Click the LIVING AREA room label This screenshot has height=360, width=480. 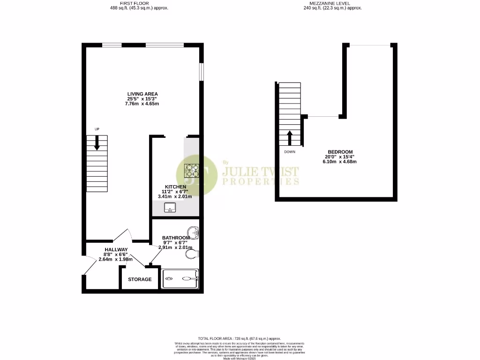tap(142, 94)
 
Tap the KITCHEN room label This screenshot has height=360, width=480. tap(175, 187)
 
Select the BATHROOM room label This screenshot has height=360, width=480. tap(176, 238)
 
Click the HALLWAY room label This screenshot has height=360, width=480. tap(116, 249)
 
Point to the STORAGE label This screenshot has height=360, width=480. tap(140, 279)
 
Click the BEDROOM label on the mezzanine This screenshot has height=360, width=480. tap(340, 151)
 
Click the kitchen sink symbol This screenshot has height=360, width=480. tap(170, 208)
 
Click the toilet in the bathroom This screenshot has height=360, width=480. tap(192, 254)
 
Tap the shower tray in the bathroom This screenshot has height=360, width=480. tap(180, 278)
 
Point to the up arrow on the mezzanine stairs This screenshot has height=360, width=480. tap(290, 138)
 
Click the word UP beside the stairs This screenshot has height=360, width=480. tap(97, 129)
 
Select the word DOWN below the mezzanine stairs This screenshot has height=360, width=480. tap(290, 152)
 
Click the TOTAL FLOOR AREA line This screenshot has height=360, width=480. tap(239, 338)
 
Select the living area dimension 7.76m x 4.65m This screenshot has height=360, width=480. tap(142, 104)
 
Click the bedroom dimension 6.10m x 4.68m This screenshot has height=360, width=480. tap(340, 162)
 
